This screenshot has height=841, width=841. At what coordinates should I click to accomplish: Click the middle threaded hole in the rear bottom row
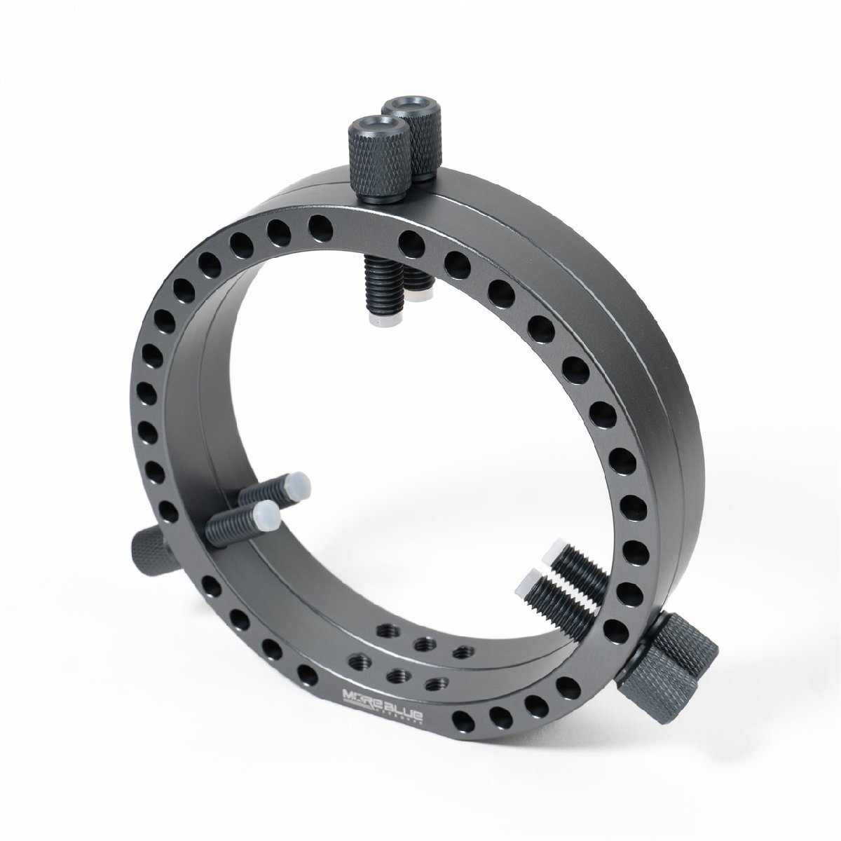[422, 642]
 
